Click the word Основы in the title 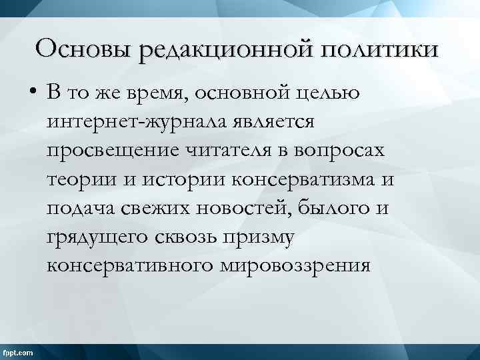pos(81,49)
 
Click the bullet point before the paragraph pos(32,94)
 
